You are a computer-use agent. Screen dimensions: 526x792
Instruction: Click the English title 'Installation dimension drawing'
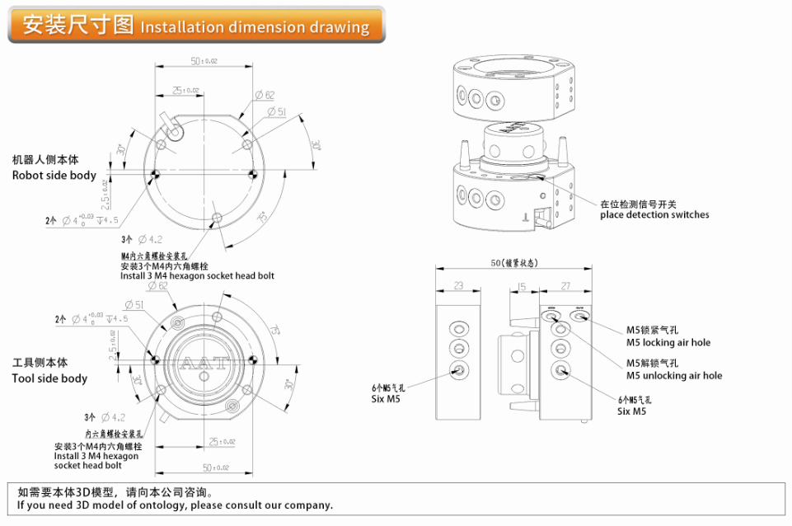(x=255, y=27)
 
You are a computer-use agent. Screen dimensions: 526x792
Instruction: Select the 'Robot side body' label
(x=54, y=175)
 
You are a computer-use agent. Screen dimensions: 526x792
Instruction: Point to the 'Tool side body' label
(x=49, y=378)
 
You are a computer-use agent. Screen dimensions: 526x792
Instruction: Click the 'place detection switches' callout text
(x=654, y=214)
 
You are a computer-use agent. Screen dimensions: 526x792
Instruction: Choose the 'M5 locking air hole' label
(x=668, y=342)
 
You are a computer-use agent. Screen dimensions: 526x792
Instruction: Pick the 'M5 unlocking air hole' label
(x=673, y=375)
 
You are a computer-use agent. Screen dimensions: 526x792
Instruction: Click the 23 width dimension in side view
(x=458, y=286)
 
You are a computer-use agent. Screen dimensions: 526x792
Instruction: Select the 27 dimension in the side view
(x=565, y=286)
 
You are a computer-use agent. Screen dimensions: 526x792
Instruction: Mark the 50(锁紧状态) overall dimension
(x=513, y=263)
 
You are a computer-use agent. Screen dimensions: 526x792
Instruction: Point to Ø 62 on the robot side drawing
(x=265, y=96)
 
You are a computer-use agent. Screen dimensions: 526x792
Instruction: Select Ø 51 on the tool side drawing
(x=134, y=304)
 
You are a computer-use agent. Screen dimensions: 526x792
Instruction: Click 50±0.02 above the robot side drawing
(x=204, y=61)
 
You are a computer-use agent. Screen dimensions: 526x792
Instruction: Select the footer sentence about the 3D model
(x=175, y=505)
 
